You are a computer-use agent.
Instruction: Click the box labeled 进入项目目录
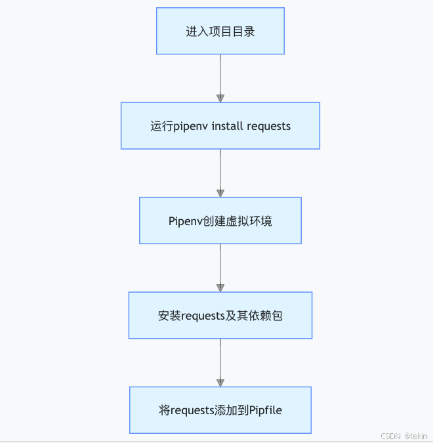pyautogui.click(x=220, y=31)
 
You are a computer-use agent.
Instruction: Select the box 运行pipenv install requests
pyautogui.click(x=220, y=125)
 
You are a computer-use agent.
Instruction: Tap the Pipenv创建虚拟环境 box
pyautogui.click(x=220, y=221)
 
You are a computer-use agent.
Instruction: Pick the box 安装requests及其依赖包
pyautogui.click(x=220, y=315)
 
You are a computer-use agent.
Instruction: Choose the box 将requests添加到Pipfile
pyautogui.click(x=220, y=410)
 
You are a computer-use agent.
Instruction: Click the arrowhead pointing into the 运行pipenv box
pyautogui.click(x=220, y=98)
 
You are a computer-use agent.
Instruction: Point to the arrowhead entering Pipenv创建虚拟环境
pyautogui.click(x=220, y=193)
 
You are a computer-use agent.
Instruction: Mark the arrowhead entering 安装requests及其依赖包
pyautogui.click(x=220, y=287)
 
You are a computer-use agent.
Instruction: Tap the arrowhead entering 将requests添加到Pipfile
pyautogui.click(x=220, y=383)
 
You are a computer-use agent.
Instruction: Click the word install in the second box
pyautogui.click(x=227, y=126)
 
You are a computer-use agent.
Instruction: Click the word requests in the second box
pyautogui.click(x=268, y=126)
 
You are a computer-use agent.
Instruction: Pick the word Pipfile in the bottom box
pyautogui.click(x=266, y=410)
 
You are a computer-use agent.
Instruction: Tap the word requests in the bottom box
pyautogui.click(x=193, y=410)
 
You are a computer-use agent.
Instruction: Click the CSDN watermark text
pyautogui.click(x=390, y=436)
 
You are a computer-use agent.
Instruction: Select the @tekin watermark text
pyautogui.click(x=416, y=436)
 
